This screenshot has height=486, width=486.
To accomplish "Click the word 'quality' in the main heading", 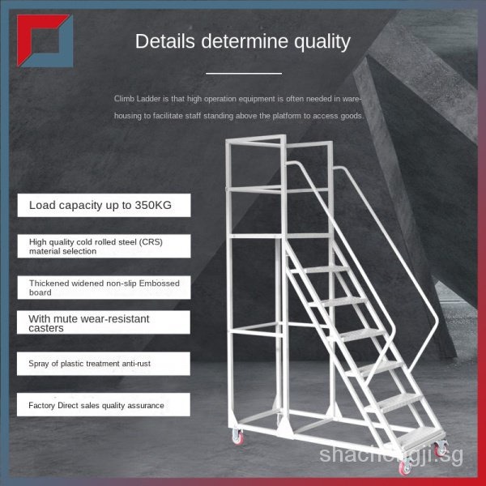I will [x=318, y=41].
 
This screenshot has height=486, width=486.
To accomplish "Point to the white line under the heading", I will [x=243, y=73].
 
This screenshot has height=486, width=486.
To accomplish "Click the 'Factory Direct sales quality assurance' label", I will [x=96, y=405].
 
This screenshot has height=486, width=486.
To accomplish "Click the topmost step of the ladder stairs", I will [x=320, y=268].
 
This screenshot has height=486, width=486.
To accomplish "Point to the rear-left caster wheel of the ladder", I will [x=238, y=437].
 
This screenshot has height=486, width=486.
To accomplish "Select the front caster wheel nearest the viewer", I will [x=406, y=467].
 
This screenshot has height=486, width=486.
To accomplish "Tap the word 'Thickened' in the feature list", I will [x=50, y=283].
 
